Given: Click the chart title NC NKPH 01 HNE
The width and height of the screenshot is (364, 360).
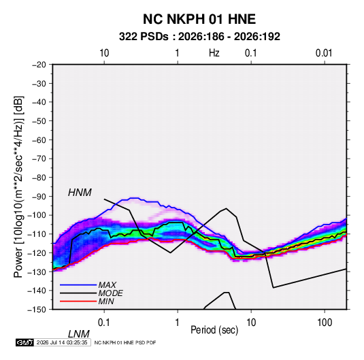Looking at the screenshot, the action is [199, 19].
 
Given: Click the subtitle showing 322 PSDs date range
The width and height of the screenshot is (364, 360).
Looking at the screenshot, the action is [199, 37].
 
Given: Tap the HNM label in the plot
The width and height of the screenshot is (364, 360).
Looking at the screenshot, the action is [80, 193].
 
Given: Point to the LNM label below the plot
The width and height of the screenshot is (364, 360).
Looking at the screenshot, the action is [79, 334].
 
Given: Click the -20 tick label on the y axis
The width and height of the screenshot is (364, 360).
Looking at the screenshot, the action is [39, 65].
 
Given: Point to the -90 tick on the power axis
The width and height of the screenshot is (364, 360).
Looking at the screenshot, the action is [39, 196].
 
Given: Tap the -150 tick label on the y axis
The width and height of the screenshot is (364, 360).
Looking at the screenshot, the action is [37, 310].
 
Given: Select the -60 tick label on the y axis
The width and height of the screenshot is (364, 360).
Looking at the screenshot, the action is [39, 140].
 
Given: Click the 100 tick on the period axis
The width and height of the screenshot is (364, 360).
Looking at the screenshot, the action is [325, 323].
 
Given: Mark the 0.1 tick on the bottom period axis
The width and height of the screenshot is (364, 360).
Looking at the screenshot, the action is [104, 323].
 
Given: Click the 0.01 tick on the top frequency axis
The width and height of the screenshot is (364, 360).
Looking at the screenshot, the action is [324, 53].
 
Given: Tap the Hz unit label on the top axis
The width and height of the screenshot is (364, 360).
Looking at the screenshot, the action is [214, 53].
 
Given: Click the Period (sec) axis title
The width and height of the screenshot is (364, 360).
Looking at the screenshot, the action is [214, 330].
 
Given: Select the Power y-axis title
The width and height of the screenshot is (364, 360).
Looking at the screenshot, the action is [18, 187].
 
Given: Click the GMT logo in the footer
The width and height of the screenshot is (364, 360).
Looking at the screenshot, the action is [24, 342].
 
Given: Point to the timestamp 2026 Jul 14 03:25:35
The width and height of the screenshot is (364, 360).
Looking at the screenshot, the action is [62, 342].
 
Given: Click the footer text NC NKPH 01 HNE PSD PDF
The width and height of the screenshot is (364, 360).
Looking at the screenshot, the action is [125, 342].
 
